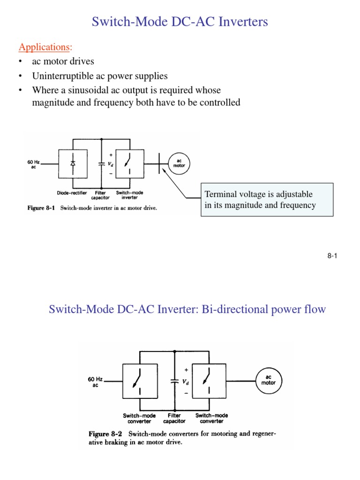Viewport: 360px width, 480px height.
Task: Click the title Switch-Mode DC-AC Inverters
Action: pyautogui.click(x=180, y=22)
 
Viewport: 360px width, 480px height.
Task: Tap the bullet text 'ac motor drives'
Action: pyautogui.click(x=63, y=61)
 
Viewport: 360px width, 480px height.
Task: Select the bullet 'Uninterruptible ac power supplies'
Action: pyautogui.click(x=99, y=75)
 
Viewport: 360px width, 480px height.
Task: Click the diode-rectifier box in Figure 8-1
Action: pyautogui.click(x=72, y=164)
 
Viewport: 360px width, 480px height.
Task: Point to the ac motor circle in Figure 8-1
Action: pyautogui.click(x=179, y=163)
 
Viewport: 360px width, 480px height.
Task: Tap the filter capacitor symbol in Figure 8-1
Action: pyautogui.click(x=101, y=164)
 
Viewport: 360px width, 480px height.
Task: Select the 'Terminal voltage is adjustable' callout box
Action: pyautogui.click(x=267, y=200)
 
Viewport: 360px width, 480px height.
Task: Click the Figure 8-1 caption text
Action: pyautogui.click(x=92, y=208)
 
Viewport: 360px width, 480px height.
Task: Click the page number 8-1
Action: pyautogui.click(x=332, y=255)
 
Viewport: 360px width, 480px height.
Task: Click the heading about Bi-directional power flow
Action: pyautogui.click(x=187, y=309)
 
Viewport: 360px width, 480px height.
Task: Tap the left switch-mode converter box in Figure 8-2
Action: pyautogui.click(x=137, y=382)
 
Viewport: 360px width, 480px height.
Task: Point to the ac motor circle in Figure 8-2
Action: pyautogui.click(x=268, y=380)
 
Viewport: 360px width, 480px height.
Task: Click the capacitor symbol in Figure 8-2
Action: pyautogui.click(x=174, y=382)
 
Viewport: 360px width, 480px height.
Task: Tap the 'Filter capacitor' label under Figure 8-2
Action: pyautogui.click(x=174, y=418)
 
